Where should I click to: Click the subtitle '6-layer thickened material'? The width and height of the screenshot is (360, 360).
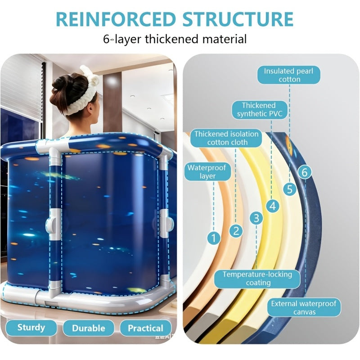pyautogui.click(x=175, y=39)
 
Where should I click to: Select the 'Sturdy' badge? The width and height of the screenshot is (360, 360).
pyautogui.click(x=31, y=328)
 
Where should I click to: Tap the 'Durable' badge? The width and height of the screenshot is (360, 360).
pyautogui.click(x=89, y=328)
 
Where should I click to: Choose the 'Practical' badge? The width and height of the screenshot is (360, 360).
pyautogui.click(x=145, y=328)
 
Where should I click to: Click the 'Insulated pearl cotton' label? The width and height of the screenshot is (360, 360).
pyautogui.click(x=288, y=75)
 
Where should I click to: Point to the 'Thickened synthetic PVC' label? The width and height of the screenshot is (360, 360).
pyautogui.click(x=260, y=110)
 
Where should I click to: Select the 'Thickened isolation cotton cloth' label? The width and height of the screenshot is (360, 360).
pyautogui.click(x=226, y=138)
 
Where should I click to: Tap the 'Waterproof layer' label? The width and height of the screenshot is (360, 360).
pyautogui.click(x=207, y=172)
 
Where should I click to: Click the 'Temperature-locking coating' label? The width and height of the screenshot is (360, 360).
pyautogui.click(x=257, y=279)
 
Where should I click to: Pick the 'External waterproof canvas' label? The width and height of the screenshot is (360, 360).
pyautogui.click(x=304, y=308)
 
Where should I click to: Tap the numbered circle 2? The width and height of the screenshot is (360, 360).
pyautogui.click(x=236, y=231)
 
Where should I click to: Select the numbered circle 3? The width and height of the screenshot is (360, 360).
pyautogui.click(x=256, y=218)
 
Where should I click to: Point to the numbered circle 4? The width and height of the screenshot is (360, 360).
pyautogui.click(x=273, y=206)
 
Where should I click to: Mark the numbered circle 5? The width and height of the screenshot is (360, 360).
pyautogui.click(x=290, y=189)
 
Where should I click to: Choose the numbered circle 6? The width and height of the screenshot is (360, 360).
pyautogui.click(x=305, y=172)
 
